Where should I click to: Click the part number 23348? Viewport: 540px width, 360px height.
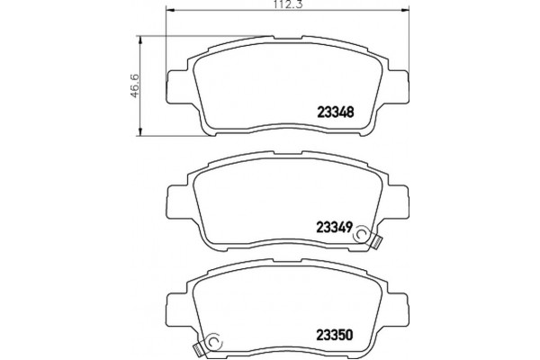pos(335,112)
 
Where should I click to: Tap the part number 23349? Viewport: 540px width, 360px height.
pos(334,227)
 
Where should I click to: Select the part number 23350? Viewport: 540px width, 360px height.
pos(335,335)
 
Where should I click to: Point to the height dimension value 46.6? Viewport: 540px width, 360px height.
pos(134,85)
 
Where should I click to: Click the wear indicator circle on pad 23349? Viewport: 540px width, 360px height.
pos(361,235)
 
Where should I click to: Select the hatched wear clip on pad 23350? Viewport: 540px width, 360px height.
pos(199,351)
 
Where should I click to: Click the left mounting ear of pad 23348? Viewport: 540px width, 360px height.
pos(177,86)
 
